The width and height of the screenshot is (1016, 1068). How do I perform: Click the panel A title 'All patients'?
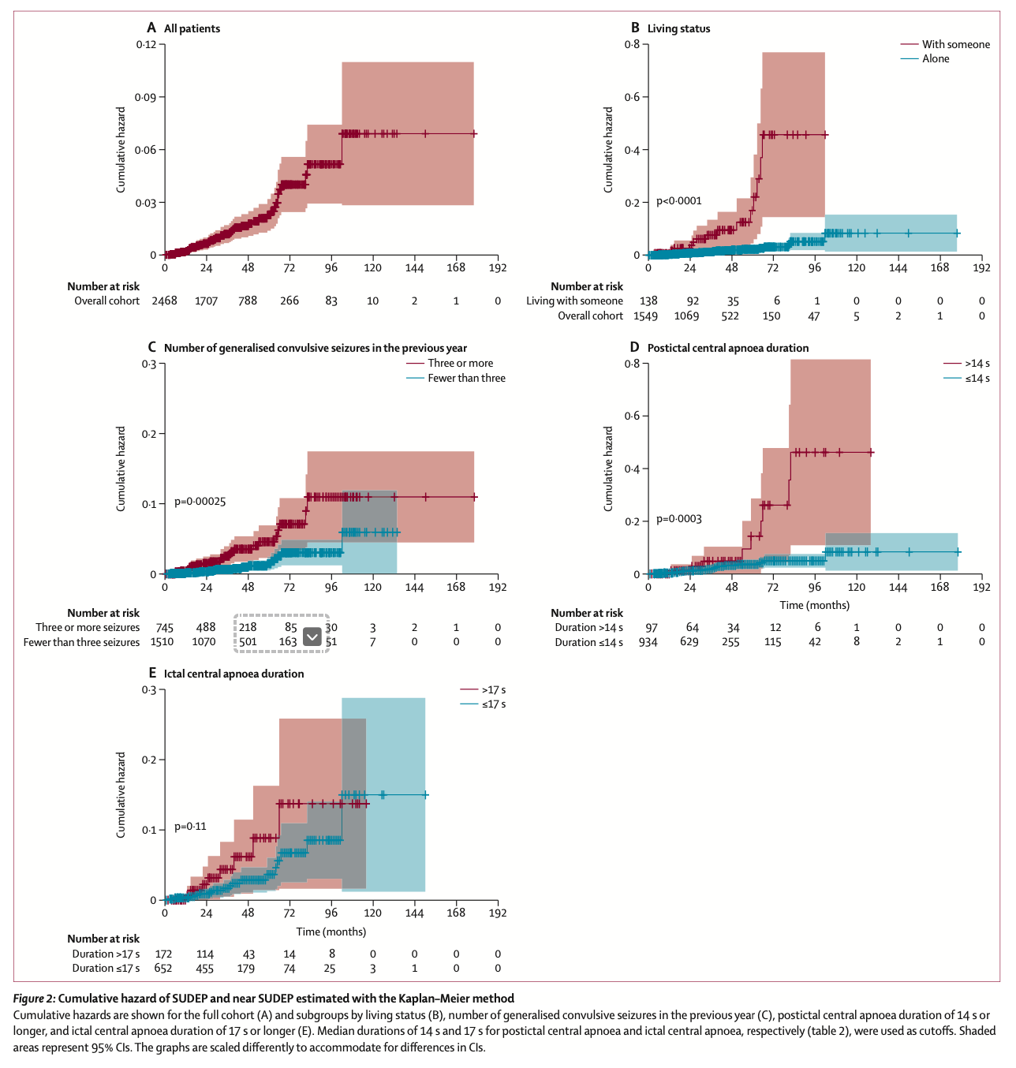point(192,28)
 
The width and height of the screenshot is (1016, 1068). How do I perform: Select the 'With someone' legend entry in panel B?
point(955,44)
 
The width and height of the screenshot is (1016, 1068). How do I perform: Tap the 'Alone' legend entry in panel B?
point(936,58)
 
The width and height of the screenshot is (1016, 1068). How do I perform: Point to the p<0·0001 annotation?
point(678,201)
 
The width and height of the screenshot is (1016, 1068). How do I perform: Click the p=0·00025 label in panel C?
point(200,502)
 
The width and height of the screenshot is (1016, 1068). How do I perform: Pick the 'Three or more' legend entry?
point(460,363)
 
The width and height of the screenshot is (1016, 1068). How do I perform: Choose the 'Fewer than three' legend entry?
point(466,378)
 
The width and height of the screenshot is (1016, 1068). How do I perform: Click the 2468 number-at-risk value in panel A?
point(164,301)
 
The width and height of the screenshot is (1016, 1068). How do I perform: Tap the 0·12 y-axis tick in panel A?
point(146,45)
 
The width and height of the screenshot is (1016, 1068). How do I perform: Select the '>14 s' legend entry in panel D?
point(977,364)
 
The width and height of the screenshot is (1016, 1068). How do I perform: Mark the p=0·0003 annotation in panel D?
point(678,519)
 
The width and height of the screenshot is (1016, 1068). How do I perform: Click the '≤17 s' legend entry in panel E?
point(494,704)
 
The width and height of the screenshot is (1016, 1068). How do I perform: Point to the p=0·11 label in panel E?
point(190,827)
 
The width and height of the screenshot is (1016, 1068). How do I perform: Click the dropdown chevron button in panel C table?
point(312,637)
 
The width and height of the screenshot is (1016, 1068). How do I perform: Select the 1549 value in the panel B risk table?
point(645,316)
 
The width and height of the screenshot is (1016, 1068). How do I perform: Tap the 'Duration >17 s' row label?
point(106,954)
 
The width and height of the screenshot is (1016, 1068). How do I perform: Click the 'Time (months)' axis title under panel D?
point(815,605)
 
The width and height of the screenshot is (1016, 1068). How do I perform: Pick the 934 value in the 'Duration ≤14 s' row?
point(648,642)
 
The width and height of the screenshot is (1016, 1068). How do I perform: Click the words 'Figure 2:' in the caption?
point(34,999)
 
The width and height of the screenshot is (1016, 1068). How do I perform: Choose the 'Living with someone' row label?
point(574,301)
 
